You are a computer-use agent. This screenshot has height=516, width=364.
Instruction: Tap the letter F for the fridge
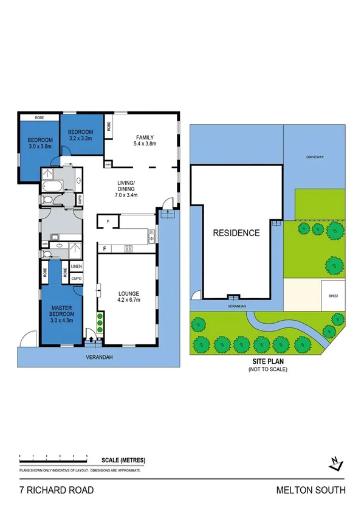pyautogui.click(x=105, y=248)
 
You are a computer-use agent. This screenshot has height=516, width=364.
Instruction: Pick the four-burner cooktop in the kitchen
pyautogui.click(x=129, y=248)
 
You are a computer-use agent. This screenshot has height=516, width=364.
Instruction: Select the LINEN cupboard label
pyautogui.click(x=76, y=267)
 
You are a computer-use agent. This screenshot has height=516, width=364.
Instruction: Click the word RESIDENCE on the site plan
pyautogui.click(x=236, y=232)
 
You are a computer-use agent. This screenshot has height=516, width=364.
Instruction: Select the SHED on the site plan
pyautogui.click(x=332, y=296)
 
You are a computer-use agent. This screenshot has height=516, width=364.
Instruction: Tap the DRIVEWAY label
pyautogui.click(x=315, y=156)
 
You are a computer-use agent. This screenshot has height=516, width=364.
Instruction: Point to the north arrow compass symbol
pyautogui.click(x=335, y=463)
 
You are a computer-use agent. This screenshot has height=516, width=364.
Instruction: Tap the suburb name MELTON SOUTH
pyautogui.click(x=311, y=490)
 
